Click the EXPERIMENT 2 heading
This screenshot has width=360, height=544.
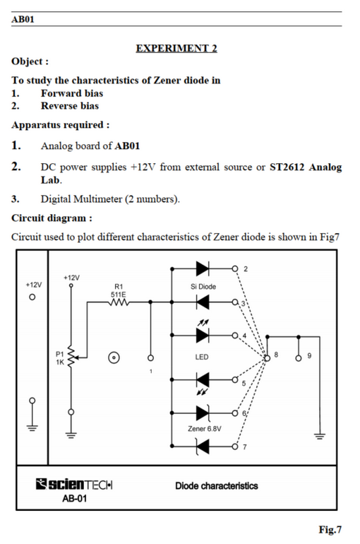(x=176, y=48)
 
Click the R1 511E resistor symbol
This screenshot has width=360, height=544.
(x=119, y=302)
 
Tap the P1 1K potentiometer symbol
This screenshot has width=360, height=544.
(x=71, y=357)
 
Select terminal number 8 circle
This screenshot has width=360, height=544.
(x=267, y=358)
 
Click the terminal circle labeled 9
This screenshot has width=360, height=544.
(x=299, y=358)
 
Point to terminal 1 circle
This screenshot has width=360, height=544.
(x=150, y=357)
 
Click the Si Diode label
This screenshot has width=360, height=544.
(x=203, y=287)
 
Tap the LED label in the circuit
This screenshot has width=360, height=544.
(x=202, y=357)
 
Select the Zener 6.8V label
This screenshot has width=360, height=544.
(x=205, y=429)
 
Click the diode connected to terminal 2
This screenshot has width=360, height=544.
(x=203, y=268)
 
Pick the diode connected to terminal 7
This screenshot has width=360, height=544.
(x=203, y=447)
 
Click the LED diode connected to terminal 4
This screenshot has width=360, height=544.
(x=203, y=336)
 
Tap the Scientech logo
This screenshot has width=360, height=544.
(x=74, y=484)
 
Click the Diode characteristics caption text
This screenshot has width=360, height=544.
(x=217, y=486)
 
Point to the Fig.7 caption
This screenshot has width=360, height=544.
(x=330, y=530)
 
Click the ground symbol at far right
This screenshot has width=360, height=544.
(x=320, y=436)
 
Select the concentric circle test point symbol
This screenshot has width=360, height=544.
(x=114, y=357)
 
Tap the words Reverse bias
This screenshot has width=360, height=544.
(x=70, y=106)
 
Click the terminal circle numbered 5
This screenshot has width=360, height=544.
(x=235, y=380)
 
